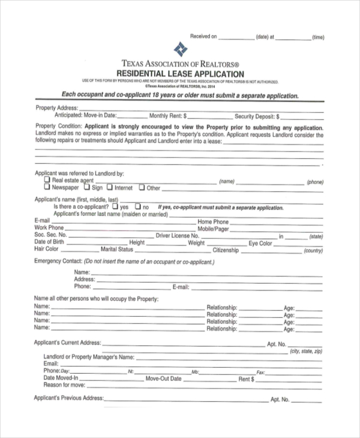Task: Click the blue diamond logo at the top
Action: pos(179,49)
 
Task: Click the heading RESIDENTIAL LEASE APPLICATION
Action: pos(180,73)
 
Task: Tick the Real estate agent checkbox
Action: pos(47,179)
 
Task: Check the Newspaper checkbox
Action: pos(47,187)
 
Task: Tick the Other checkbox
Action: pos(142,187)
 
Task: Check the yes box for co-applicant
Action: pos(115,206)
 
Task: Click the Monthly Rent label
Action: pos(168,116)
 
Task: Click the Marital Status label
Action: pos(117,250)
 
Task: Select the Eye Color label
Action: pos(261,243)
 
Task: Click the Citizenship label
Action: pos(226,250)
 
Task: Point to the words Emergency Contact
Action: pos(57,262)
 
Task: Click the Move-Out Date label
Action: pos(163,379)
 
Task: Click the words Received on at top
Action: pos(203,37)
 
